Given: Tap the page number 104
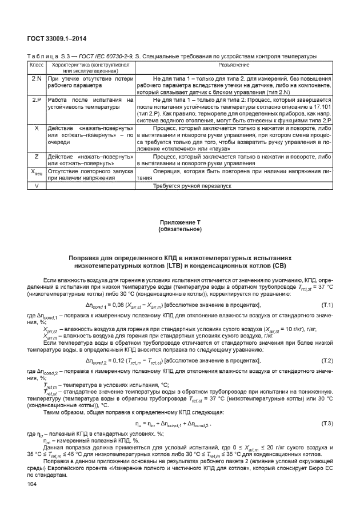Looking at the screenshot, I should point(32,484).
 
